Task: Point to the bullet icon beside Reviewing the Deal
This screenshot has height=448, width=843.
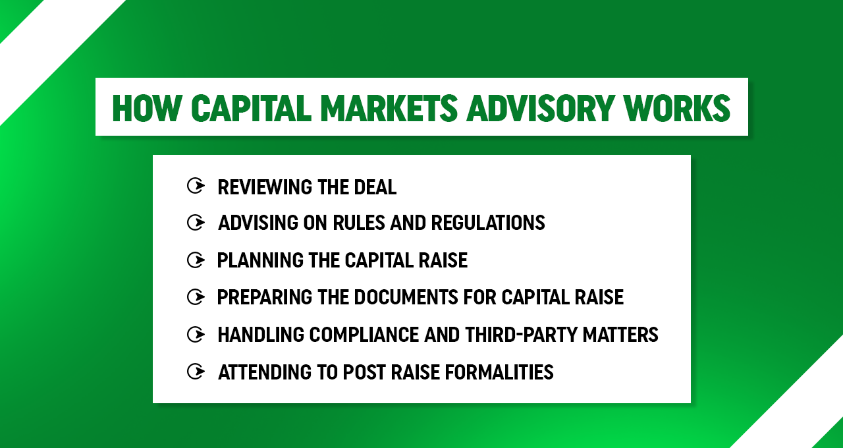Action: [x=196, y=186]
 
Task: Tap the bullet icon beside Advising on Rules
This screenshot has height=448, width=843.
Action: [x=196, y=223]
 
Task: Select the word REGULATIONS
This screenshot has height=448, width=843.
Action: [x=488, y=223]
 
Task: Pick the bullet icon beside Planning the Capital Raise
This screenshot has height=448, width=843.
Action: [x=196, y=260]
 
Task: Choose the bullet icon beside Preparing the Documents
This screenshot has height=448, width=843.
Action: [x=196, y=297]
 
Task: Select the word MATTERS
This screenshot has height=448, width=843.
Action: [x=620, y=335]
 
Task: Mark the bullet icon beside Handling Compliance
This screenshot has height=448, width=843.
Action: [x=196, y=335]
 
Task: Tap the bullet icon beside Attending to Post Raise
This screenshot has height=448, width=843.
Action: [x=196, y=372]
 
